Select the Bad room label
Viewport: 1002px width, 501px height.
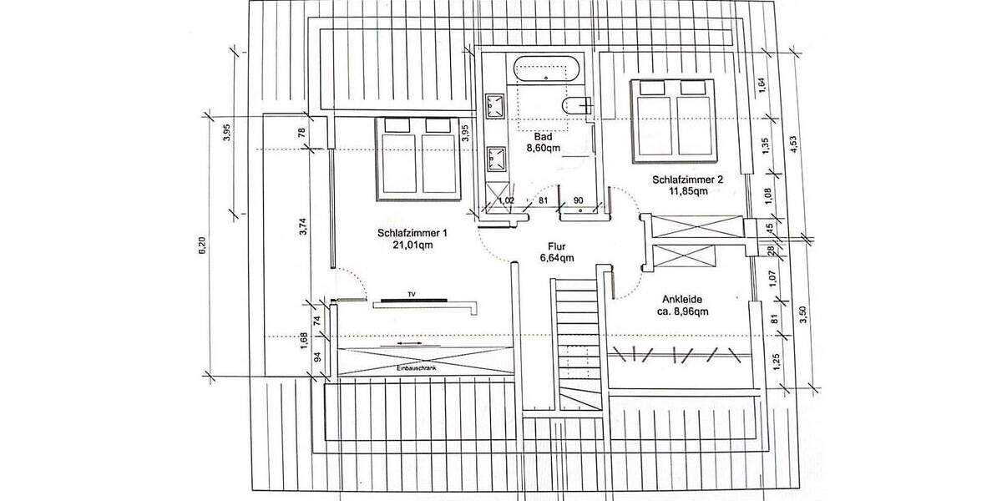542,136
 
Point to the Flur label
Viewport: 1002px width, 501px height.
557,246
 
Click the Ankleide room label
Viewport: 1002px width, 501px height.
683,299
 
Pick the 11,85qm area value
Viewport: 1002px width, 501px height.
689,190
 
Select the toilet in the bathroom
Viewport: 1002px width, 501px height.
575,105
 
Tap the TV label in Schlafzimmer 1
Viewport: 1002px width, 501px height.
411,295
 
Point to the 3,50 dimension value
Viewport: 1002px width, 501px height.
803,315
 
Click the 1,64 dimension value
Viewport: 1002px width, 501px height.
762,85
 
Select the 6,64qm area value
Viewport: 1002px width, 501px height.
557,258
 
